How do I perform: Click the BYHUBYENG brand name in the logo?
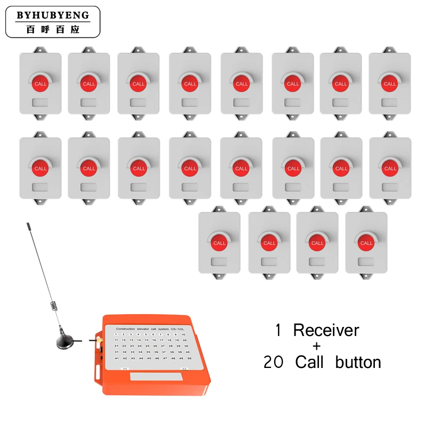point(53,15)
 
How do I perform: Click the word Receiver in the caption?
point(326,330)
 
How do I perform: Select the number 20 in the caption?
point(274,363)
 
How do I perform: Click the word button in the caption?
point(358,363)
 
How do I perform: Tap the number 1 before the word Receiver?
point(278,330)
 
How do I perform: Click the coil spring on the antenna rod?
point(54,308)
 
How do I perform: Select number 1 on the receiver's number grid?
point(116,334)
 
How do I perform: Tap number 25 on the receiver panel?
point(148,346)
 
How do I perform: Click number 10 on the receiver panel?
point(183,334)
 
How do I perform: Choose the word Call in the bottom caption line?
point(309,363)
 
